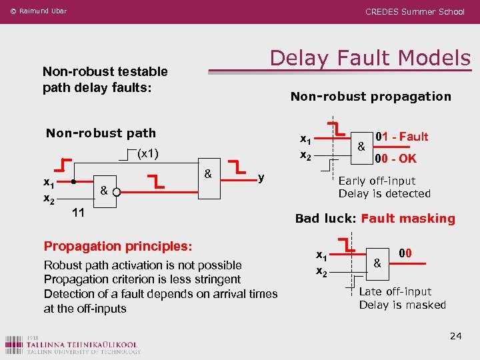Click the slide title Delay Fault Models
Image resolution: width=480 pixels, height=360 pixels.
(x=370, y=58)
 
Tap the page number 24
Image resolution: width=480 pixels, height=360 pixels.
(x=456, y=335)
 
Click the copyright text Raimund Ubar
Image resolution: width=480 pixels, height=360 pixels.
(x=39, y=11)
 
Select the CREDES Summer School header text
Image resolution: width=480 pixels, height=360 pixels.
(x=415, y=11)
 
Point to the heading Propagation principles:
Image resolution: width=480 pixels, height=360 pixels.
(x=118, y=246)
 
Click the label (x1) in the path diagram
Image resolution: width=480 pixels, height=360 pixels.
(x=147, y=153)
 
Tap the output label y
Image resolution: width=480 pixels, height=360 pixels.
(x=261, y=177)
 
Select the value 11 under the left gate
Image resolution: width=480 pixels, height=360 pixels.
(x=78, y=213)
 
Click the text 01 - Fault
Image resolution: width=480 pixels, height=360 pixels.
(x=401, y=137)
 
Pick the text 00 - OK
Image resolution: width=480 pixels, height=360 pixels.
(x=395, y=159)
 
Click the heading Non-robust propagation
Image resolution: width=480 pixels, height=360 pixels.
(x=371, y=97)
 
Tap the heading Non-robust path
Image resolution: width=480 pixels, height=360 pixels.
(x=101, y=133)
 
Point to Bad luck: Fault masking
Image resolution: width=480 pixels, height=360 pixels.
(x=375, y=219)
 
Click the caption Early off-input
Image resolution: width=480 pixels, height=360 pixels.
(x=377, y=181)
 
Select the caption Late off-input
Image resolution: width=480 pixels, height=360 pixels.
(x=395, y=291)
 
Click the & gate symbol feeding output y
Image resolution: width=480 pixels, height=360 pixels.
(x=208, y=175)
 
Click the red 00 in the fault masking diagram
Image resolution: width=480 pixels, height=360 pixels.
(x=405, y=253)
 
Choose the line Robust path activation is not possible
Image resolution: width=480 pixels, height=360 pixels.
(x=143, y=265)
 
